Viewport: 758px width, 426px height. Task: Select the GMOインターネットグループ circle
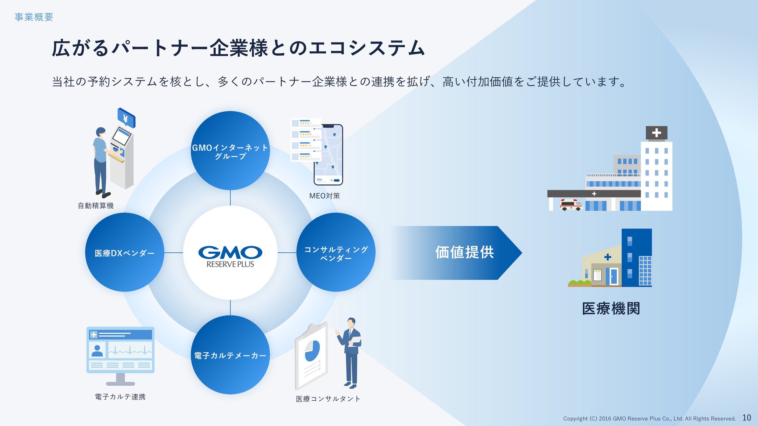pyautogui.click(x=230, y=151)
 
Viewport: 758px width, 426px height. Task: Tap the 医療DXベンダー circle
pyautogui.click(x=124, y=253)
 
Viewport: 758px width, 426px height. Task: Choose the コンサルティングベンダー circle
pyautogui.click(x=336, y=253)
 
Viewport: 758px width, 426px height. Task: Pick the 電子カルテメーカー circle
pyautogui.click(x=230, y=355)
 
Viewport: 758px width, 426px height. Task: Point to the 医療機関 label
pyautogui.click(x=611, y=308)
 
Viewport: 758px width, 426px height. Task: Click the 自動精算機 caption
pyautogui.click(x=96, y=206)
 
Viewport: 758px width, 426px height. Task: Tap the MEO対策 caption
pyautogui.click(x=324, y=196)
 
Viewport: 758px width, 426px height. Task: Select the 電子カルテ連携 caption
pyautogui.click(x=120, y=397)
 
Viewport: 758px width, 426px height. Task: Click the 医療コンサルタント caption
pyautogui.click(x=328, y=399)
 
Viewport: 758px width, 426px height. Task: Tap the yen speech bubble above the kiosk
pyautogui.click(x=126, y=118)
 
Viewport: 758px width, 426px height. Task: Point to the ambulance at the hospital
pyautogui.click(x=571, y=205)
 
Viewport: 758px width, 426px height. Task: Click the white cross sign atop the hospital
pyautogui.click(x=656, y=133)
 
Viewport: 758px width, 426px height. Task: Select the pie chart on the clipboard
pyautogui.click(x=312, y=351)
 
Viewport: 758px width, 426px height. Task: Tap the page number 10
pyautogui.click(x=747, y=418)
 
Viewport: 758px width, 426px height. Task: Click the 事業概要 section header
pyautogui.click(x=34, y=17)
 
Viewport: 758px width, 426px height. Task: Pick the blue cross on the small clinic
pyautogui.click(x=608, y=257)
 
